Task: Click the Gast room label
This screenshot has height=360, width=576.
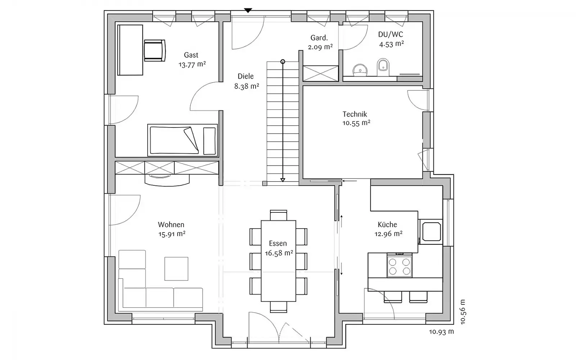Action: (x=191, y=55)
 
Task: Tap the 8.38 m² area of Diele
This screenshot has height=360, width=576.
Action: (x=246, y=86)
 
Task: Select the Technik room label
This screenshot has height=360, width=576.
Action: (x=355, y=114)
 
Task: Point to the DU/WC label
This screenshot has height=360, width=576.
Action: (x=391, y=34)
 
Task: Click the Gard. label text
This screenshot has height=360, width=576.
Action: (x=319, y=38)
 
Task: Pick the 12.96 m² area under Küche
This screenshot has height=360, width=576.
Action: (x=388, y=234)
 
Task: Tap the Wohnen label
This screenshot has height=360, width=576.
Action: (x=171, y=225)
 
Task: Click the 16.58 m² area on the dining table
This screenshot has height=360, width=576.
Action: (x=279, y=253)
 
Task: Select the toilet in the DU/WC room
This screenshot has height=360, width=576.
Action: (x=383, y=67)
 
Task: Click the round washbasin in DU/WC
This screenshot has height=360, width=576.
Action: (x=360, y=70)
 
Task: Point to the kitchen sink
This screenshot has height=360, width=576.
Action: (x=432, y=231)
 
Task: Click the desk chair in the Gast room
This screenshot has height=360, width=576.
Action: (x=154, y=50)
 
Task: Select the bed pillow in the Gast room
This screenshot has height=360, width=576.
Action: (x=209, y=141)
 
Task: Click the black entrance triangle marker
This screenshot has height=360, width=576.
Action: (x=248, y=10)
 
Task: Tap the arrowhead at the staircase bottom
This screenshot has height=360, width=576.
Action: (x=283, y=180)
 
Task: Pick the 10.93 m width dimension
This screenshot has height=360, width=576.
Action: (x=441, y=332)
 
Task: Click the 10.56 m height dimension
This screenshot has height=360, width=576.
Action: (x=463, y=312)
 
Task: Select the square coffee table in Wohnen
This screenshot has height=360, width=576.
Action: (x=176, y=269)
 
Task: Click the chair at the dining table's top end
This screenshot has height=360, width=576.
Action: (x=279, y=215)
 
